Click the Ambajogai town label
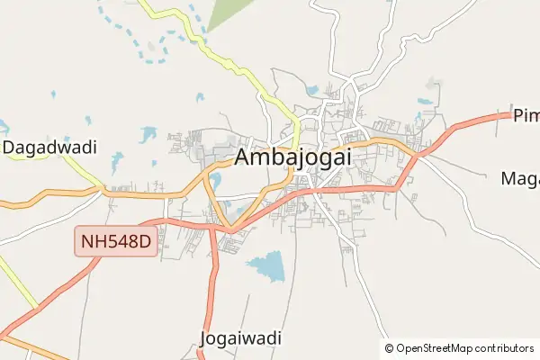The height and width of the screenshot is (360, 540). tap(292, 157)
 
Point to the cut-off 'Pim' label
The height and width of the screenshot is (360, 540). tap(525, 115)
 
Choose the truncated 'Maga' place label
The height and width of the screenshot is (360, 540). tap(519, 178)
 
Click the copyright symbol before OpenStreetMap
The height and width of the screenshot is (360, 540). tap(390, 348)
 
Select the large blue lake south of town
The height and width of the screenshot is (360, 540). tap(266, 265)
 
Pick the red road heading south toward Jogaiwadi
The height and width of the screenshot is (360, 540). tap(212, 288)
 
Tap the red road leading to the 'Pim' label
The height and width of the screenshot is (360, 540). tap(468, 121)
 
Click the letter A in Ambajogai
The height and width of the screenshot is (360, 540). tap(244, 157)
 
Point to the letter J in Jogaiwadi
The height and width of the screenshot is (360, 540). tap(202, 338)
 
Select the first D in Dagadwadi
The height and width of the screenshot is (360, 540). tap(9, 147)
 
